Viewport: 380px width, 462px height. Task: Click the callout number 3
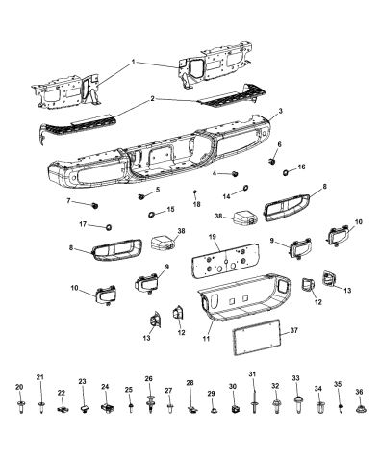point(281,112)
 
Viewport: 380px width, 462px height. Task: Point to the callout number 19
point(214,237)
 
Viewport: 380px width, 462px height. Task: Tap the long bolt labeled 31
point(253,401)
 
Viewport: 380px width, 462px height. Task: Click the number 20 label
point(19,387)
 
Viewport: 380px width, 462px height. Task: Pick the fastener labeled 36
point(359,408)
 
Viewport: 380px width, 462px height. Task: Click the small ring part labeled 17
point(108,225)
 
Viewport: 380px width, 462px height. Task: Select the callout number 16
point(301,167)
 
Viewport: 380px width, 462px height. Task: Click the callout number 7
point(69,202)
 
